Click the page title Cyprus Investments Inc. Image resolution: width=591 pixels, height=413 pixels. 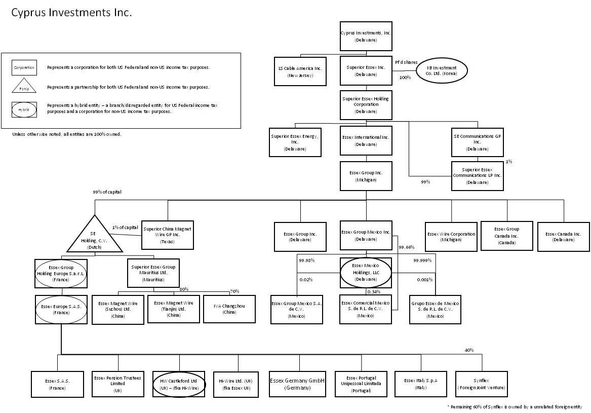71,13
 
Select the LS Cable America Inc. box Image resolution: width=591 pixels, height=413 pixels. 300,71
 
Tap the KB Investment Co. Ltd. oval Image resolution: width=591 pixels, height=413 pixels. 442,71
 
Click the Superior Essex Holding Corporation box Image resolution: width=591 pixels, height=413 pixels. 366,105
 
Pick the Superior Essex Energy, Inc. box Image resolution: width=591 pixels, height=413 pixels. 295,141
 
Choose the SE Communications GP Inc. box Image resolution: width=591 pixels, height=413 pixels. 478,141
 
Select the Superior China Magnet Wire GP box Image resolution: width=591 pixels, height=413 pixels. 167,234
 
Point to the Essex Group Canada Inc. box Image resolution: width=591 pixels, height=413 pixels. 506,236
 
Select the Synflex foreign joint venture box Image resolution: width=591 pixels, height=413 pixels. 481,384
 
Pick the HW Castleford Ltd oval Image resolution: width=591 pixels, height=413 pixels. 179,384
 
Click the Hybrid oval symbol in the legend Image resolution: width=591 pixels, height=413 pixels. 24,109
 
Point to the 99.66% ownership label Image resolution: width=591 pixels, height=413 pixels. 407,247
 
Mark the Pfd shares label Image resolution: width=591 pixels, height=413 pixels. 406,62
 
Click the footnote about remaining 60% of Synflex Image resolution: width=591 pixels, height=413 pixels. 515,406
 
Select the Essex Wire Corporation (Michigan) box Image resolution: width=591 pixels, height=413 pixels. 451,237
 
